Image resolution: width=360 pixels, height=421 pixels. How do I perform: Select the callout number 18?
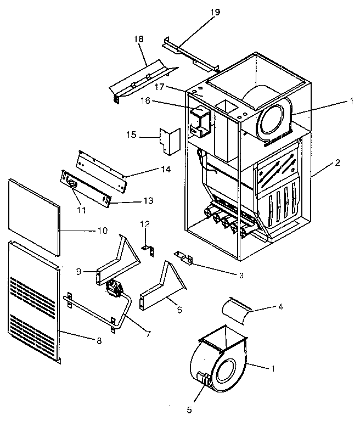pos(138,40)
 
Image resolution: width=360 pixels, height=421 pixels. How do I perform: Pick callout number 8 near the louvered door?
pos(99,341)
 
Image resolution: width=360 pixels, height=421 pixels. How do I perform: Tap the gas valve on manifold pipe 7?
pos(115,288)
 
